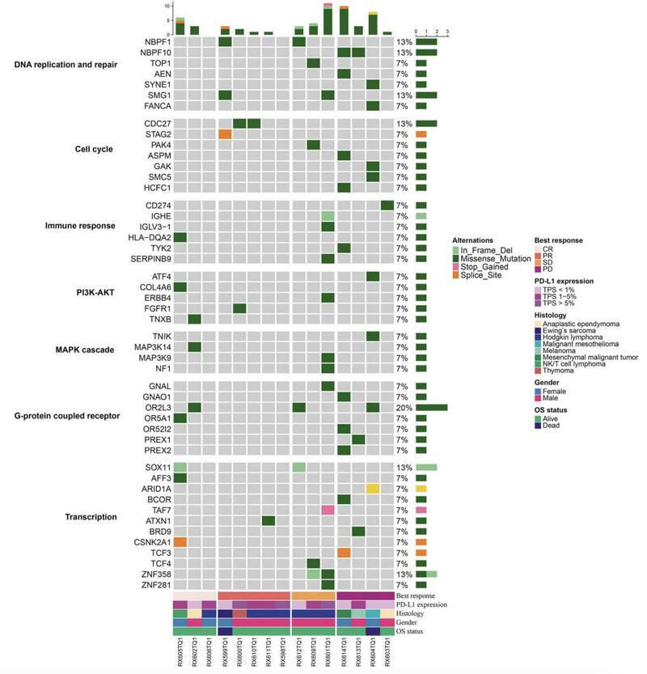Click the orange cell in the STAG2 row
225,134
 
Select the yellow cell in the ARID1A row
373,489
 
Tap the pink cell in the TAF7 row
328,510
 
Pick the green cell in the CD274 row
387,206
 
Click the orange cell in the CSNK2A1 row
180,541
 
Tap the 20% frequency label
404,408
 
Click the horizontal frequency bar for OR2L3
432,408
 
